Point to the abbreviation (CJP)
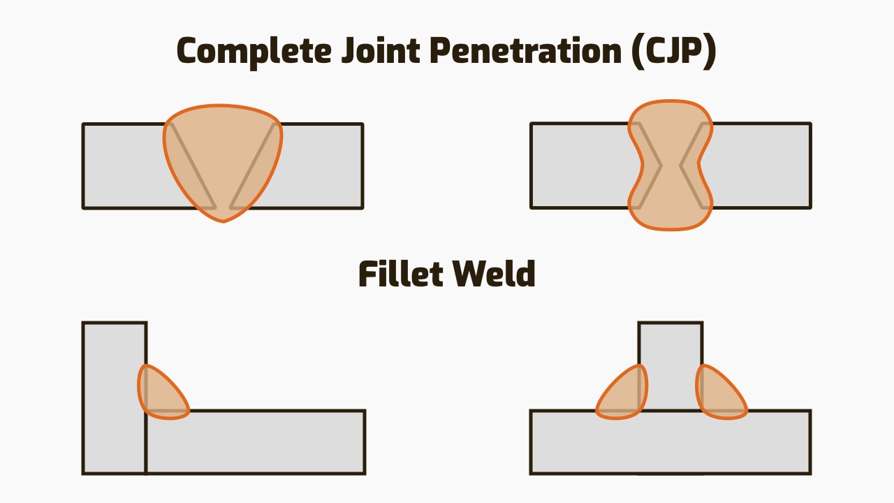click(x=673, y=51)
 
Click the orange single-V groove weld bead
click(x=223, y=161)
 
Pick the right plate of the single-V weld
click(x=321, y=166)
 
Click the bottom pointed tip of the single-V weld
click(x=223, y=220)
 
